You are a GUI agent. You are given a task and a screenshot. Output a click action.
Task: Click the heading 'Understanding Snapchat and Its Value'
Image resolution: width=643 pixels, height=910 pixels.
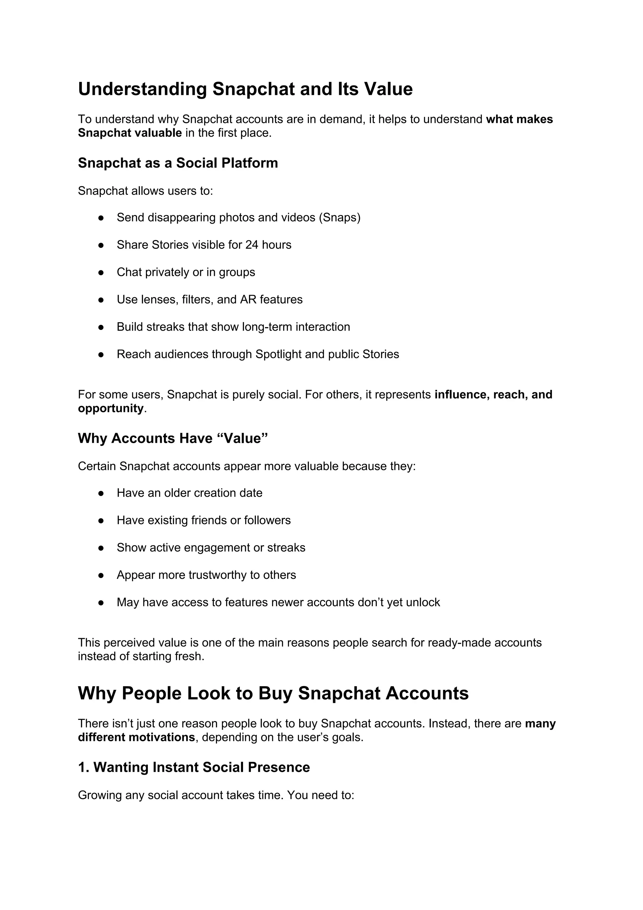coord(245,89)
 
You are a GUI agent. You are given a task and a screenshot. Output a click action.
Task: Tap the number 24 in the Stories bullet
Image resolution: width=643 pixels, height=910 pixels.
coord(252,245)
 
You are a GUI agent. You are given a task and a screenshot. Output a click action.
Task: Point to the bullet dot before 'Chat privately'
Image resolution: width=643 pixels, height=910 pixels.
coord(101,273)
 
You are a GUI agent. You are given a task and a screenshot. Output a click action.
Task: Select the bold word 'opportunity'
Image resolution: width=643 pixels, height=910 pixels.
coord(111,408)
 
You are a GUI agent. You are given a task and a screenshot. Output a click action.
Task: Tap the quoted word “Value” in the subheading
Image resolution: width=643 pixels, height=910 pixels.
coord(243,438)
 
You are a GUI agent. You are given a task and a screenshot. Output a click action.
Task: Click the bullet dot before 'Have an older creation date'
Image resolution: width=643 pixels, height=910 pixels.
coord(101,493)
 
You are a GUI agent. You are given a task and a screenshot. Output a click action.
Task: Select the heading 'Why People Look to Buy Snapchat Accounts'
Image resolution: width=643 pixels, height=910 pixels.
coord(273,693)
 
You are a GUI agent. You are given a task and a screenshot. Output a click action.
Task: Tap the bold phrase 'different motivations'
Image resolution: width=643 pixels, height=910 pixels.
coord(136,737)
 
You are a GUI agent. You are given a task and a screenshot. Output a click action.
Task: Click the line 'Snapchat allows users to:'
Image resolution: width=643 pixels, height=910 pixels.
coord(145,191)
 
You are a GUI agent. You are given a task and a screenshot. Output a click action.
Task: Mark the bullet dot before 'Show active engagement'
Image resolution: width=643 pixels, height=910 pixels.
coord(101,548)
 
